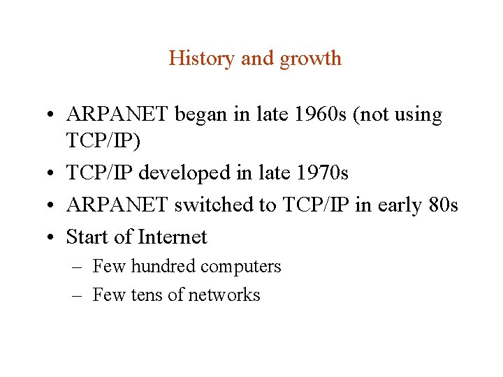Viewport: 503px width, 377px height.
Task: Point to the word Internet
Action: (173, 237)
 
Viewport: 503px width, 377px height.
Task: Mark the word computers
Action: (242, 267)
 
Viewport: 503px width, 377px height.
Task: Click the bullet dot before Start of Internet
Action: (53, 238)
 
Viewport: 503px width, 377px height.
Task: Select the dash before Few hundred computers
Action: (78, 267)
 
